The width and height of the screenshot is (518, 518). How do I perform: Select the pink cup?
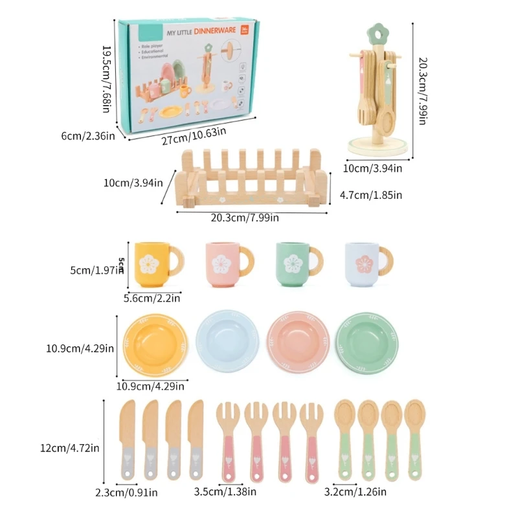click(224, 264)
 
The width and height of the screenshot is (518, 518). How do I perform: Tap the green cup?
click(293, 264)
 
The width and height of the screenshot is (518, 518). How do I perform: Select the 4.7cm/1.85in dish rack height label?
click(372, 194)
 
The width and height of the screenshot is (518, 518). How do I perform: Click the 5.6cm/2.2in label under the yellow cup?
click(152, 298)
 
